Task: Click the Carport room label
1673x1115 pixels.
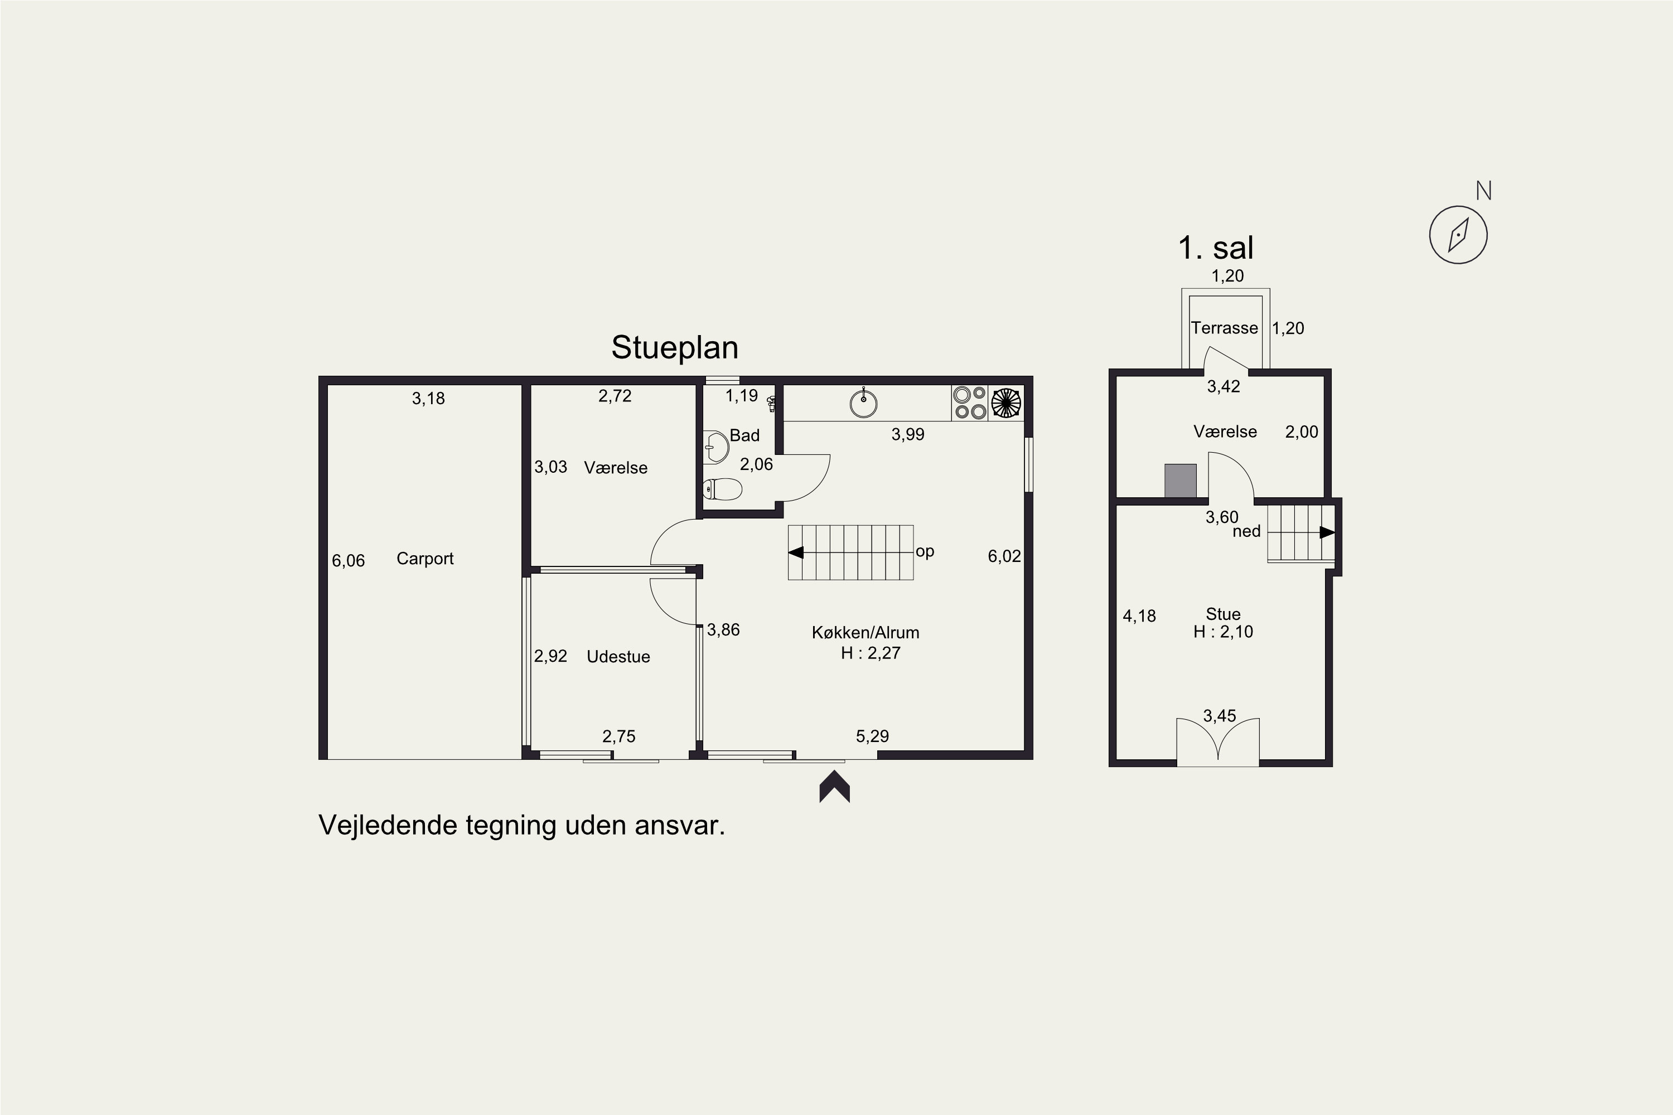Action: point(424,559)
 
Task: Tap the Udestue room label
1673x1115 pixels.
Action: point(618,656)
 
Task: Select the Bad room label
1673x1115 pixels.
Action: point(744,435)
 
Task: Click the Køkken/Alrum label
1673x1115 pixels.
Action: point(865,632)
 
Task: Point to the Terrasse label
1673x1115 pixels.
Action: point(1224,328)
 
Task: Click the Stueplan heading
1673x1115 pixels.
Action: point(674,348)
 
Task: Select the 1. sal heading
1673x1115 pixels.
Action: point(1216,248)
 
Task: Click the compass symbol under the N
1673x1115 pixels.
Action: point(1458,235)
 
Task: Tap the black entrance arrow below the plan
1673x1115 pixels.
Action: point(834,787)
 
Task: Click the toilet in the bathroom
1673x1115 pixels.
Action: point(722,489)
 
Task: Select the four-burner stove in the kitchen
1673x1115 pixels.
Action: point(970,403)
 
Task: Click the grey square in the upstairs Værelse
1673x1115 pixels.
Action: point(1180,481)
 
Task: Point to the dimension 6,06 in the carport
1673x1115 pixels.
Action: point(349,561)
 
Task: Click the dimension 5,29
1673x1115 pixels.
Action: point(872,736)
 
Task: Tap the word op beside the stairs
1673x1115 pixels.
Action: point(925,552)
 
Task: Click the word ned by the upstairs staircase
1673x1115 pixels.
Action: point(1246,531)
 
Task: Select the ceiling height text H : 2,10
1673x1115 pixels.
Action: point(1224,632)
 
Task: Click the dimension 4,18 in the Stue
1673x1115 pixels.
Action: point(1139,616)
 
